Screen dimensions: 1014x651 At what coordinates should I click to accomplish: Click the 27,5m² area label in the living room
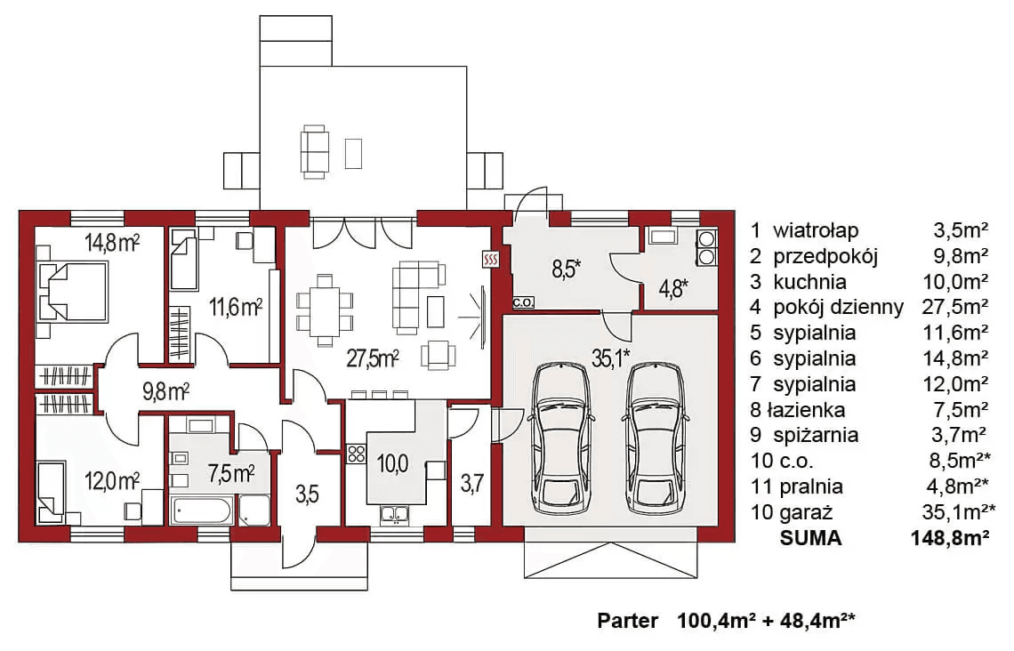(372, 358)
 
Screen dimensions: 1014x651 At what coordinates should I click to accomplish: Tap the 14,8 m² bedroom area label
(113, 243)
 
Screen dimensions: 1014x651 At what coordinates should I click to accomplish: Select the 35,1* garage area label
(610, 358)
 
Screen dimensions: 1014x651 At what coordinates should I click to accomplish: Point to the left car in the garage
(560, 438)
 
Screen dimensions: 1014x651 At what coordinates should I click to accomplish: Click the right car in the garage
(655, 438)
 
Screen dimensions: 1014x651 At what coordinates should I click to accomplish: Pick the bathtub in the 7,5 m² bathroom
(201, 511)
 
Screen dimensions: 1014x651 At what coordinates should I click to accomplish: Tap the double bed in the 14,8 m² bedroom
(71, 291)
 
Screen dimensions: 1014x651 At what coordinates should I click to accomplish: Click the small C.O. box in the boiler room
(523, 301)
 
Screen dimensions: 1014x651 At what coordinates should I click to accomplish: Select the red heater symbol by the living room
(490, 260)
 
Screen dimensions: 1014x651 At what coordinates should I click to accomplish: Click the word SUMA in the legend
(810, 538)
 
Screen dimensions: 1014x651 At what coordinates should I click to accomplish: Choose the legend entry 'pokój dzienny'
(838, 307)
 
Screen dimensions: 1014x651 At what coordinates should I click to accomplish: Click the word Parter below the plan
(627, 621)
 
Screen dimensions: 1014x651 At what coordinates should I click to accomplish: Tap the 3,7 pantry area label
(472, 483)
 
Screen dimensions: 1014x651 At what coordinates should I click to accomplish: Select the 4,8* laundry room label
(672, 288)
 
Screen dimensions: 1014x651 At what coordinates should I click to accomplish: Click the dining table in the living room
(325, 309)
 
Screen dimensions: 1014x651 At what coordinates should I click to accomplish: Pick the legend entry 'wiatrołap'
(817, 230)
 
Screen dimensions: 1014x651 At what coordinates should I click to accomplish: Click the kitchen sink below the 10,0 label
(394, 514)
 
